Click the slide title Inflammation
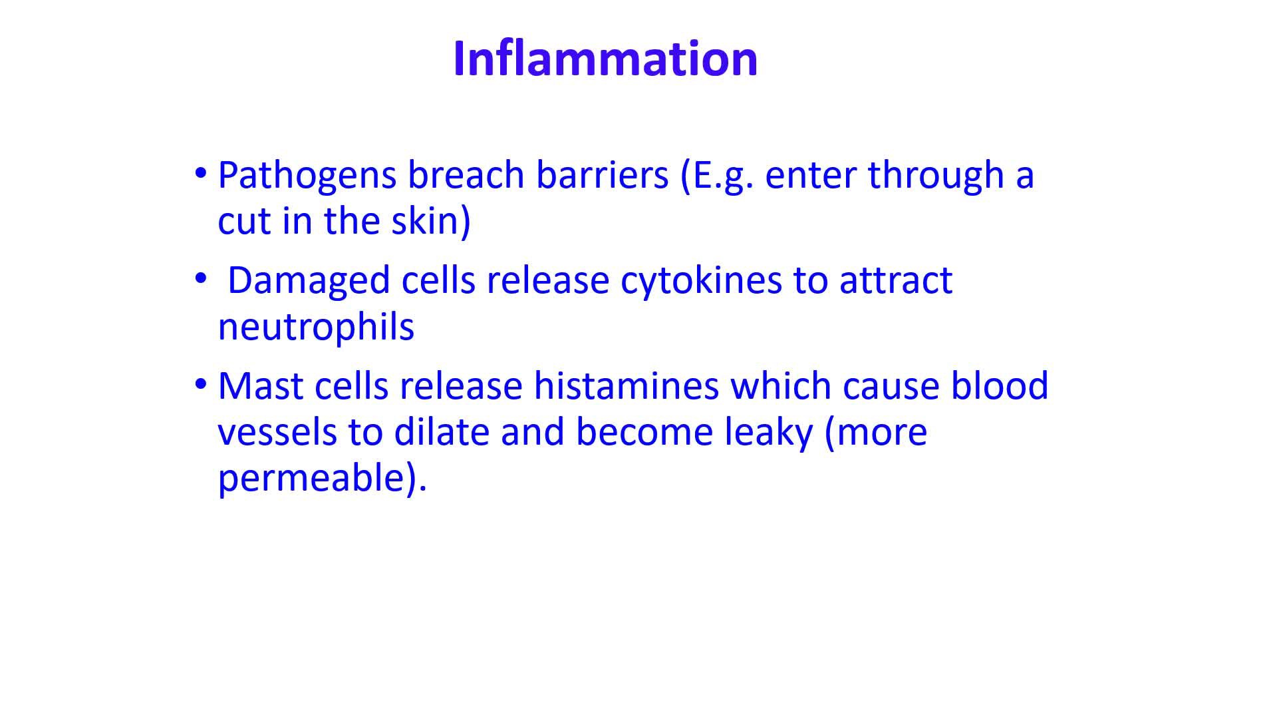(x=605, y=59)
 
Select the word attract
(x=896, y=281)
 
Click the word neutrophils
(x=316, y=328)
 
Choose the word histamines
(x=627, y=386)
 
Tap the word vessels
(x=277, y=433)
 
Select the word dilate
(x=441, y=433)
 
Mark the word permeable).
(x=322, y=479)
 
